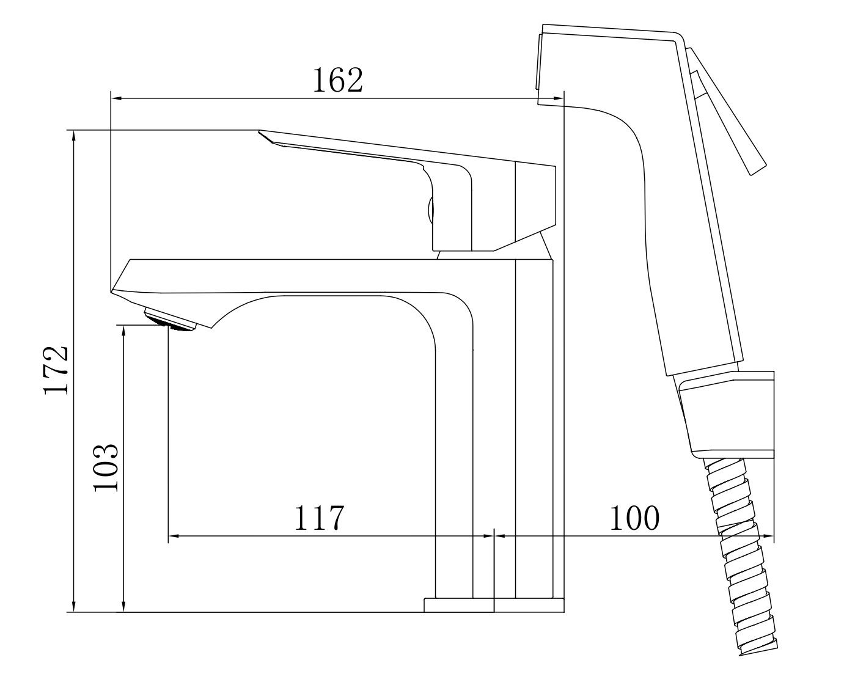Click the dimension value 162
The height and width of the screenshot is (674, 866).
tap(338, 80)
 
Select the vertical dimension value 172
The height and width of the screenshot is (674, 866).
tap(56, 370)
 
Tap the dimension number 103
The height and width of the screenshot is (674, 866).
tap(106, 467)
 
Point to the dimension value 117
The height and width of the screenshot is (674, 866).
tap(319, 518)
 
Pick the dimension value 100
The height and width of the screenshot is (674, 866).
tap(635, 518)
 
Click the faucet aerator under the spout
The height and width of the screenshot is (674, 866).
tap(171, 320)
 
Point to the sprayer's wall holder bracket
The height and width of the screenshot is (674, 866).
tap(726, 415)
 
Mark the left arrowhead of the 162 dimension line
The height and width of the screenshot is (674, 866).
tap(116, 98)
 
